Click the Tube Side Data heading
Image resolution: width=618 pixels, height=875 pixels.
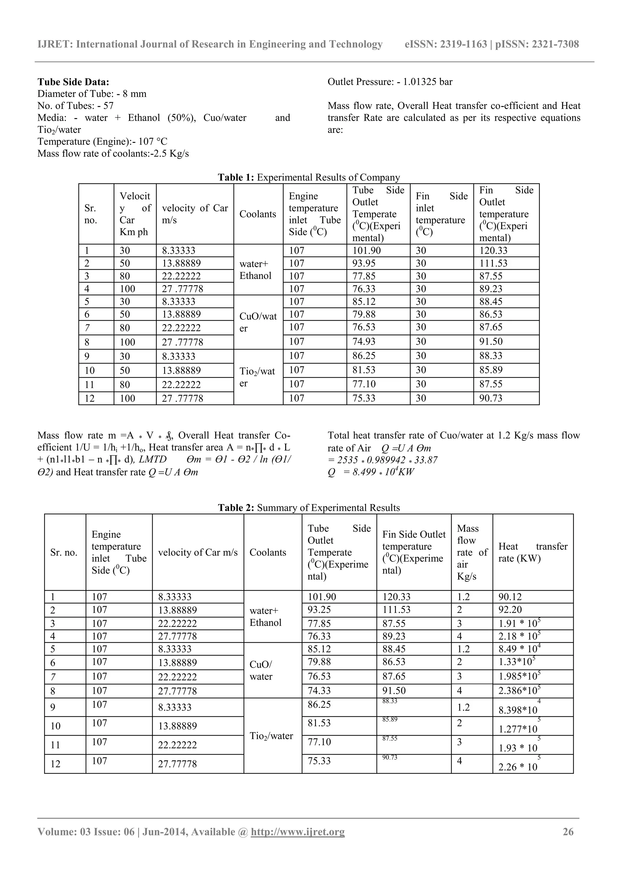(73, 82)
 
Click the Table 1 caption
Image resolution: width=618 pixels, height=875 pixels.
(308, 177)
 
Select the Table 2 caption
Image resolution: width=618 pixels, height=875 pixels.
(308, 508)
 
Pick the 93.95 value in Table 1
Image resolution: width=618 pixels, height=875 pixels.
(364, 263)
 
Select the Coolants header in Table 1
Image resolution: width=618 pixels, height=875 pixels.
(257, 214)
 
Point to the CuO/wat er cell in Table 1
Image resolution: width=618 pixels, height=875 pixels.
(258, 322)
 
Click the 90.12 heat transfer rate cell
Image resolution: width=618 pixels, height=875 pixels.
(510, 597)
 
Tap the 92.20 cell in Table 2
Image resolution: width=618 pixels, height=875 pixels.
(510, 610)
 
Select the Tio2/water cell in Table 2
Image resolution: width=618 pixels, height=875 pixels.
(271, 736)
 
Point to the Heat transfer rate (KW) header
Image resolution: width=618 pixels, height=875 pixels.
(532, 552)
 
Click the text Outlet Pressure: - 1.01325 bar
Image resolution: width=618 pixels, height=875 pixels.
(390, 82)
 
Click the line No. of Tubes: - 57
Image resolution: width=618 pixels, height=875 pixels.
(75, 106)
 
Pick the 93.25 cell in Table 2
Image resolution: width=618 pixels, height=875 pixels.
(319, 610)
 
